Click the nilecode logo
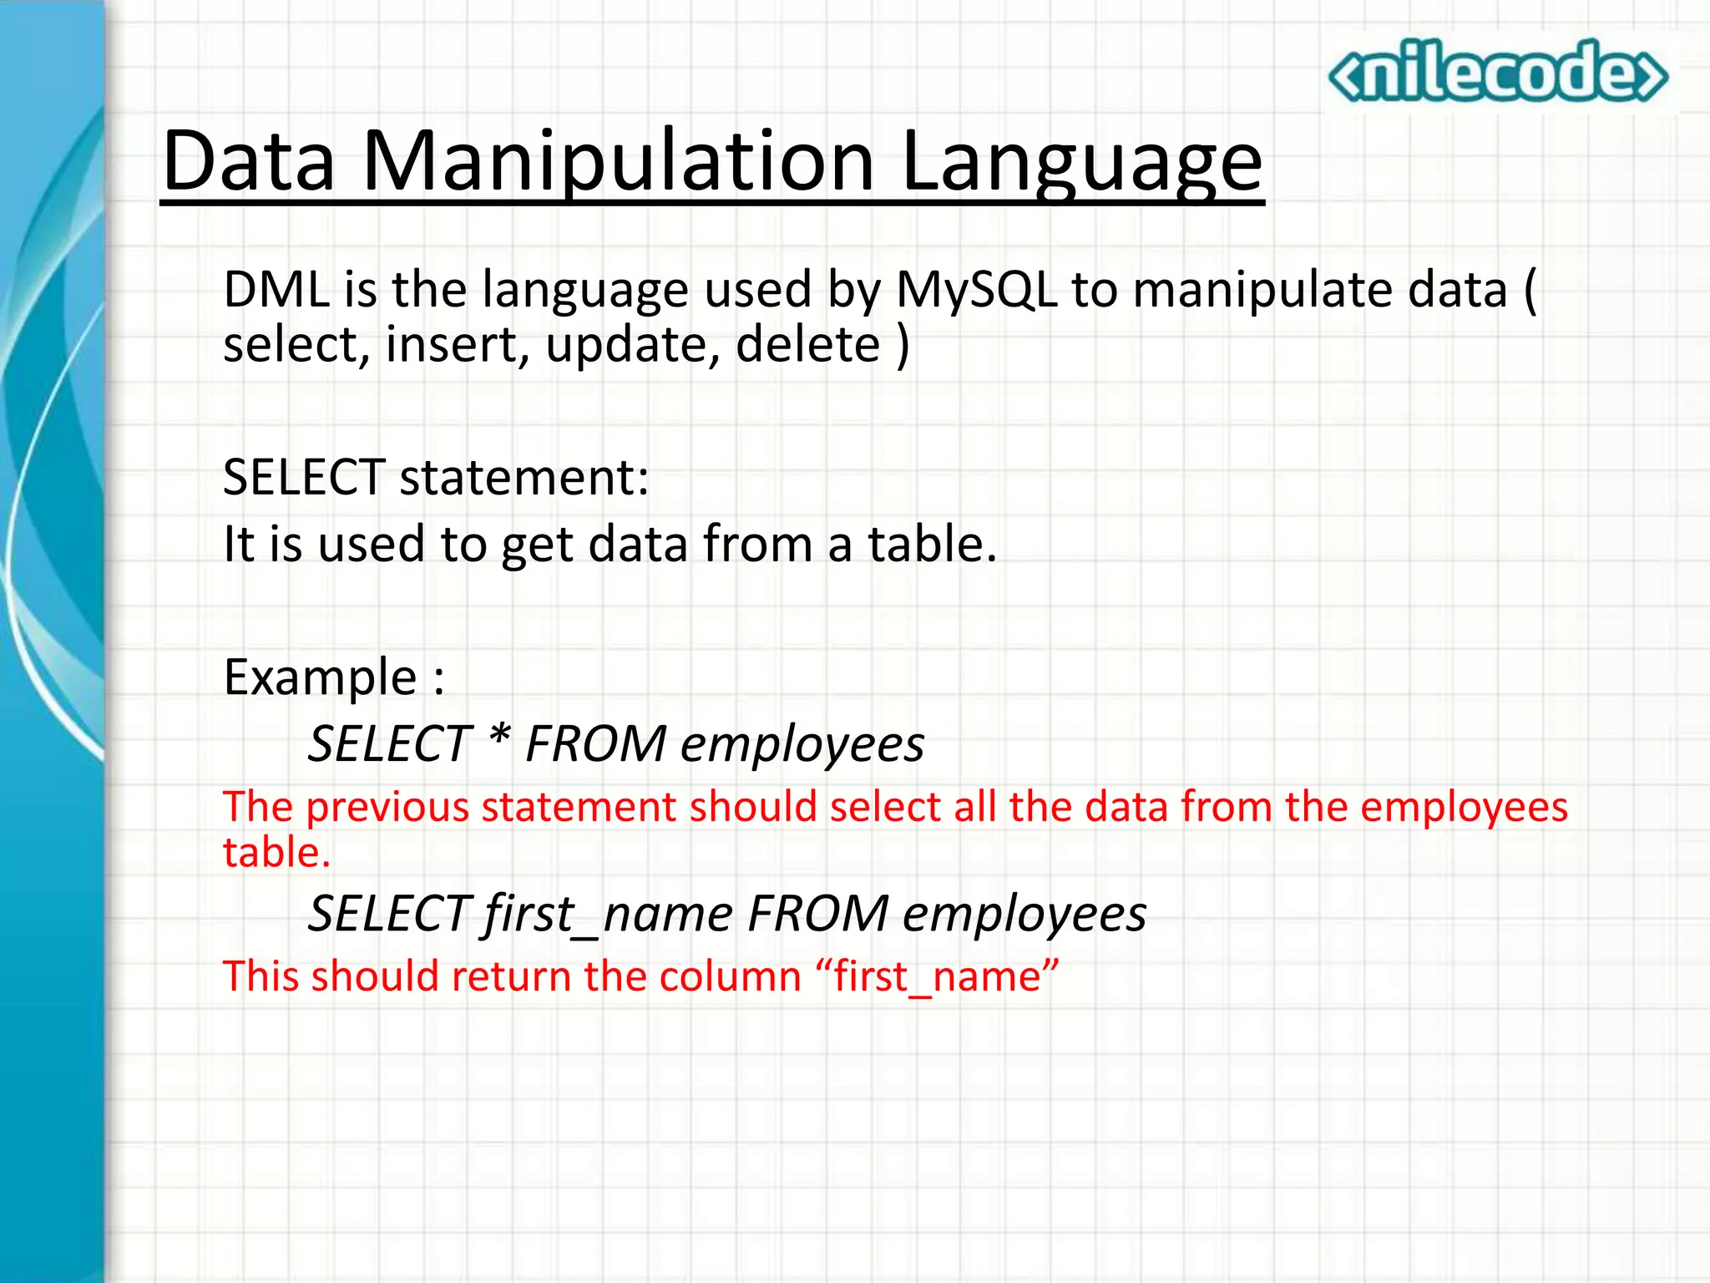point(1498,74)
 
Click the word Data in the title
point(249,160)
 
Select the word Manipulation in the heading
point(618,160)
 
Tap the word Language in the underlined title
point(1082,160)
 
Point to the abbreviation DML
point(276,290)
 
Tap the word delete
point(807,344)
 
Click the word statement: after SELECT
point(524,478)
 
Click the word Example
point(320,677)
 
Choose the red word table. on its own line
point(276,853)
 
